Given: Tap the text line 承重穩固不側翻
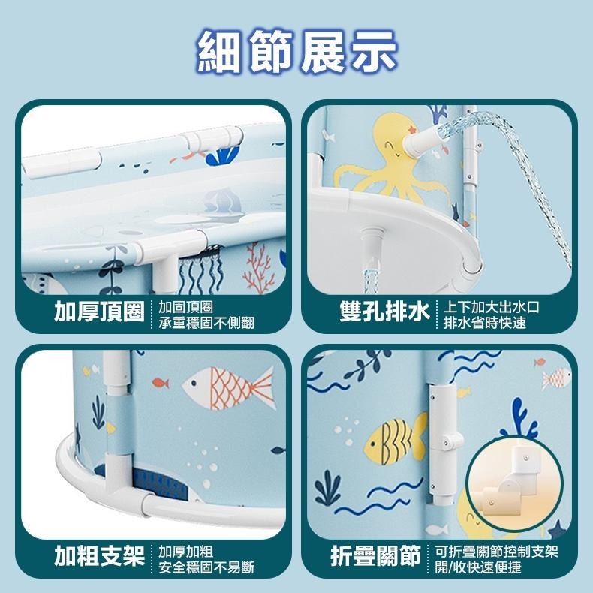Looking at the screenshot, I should click(206, 324).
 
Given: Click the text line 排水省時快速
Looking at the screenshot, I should click(485, 324).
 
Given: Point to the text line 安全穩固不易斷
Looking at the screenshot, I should click(206, 567).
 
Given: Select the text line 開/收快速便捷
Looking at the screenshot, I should click(478, 567).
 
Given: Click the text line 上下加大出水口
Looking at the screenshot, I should click(492, 307).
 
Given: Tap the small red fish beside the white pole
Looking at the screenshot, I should click(160, 383).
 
